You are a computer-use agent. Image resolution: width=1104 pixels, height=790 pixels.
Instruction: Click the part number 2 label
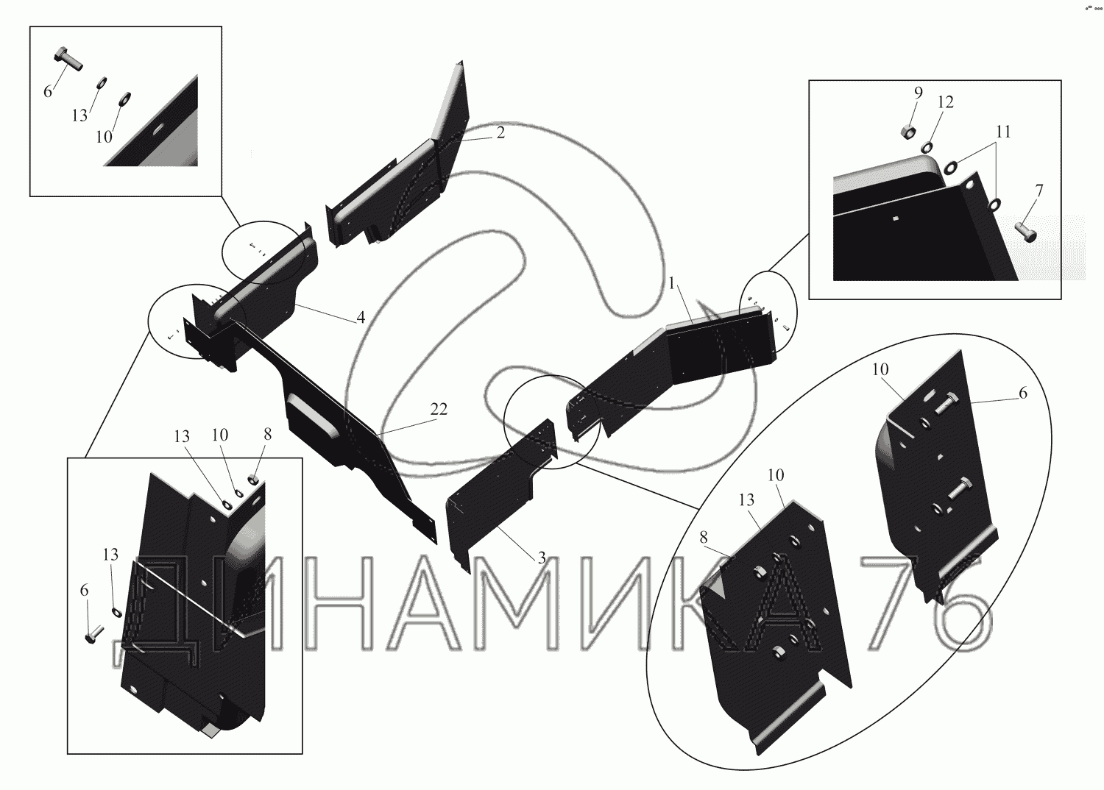[500, 133]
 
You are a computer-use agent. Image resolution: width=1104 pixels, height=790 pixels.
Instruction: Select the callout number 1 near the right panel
[672, 283]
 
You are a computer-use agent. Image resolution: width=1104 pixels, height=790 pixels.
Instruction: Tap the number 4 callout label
[361, 317]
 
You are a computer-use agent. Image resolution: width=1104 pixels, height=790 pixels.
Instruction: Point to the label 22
[439, 410]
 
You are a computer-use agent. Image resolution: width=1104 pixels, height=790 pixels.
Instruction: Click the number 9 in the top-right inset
[918, 93]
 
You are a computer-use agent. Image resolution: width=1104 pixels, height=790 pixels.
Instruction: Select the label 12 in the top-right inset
[945, 102]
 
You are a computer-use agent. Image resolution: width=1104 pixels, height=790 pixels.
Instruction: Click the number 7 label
[1038, 191]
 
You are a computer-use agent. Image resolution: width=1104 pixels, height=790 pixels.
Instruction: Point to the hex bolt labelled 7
[1025, 232]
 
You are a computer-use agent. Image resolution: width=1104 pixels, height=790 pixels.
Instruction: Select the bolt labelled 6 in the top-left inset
[68, 58]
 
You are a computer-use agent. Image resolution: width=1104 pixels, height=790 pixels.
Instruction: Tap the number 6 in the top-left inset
[48, 91]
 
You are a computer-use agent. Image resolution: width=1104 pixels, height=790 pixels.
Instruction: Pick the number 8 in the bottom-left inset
[267, 434]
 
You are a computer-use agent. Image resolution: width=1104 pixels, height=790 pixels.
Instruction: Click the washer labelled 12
[927, 148]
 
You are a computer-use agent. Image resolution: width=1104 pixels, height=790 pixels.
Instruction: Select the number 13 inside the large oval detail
[746, 500]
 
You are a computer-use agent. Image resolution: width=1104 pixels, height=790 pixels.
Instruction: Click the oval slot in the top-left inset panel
[158, 129]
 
